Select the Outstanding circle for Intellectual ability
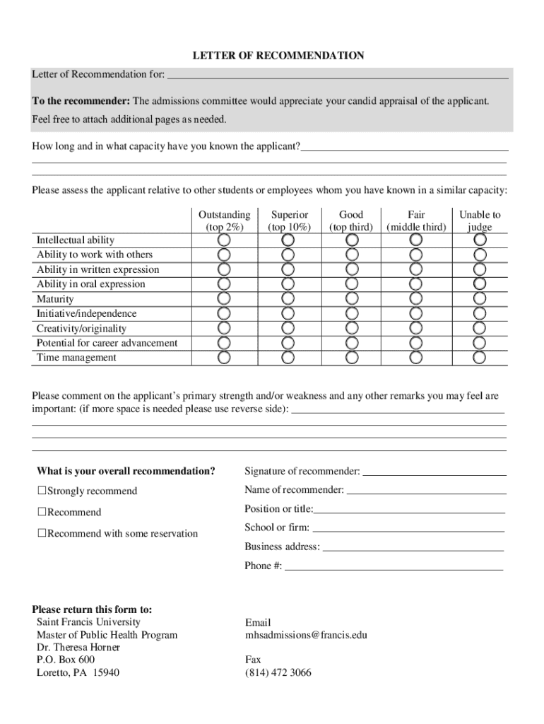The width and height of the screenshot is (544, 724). pos(224,240)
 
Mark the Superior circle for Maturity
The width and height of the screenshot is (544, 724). pos(288,298)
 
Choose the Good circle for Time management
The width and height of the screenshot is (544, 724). pos(352,357)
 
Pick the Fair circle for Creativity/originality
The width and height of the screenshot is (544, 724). pos(415,328)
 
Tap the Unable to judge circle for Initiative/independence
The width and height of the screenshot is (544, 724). pos(480,313)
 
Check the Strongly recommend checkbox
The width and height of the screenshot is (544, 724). pos(42,491)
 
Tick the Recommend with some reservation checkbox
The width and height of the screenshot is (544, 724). pos(42,533)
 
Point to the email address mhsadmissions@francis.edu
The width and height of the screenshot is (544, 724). pos(306,635)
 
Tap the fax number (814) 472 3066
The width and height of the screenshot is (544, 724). pos(278,672)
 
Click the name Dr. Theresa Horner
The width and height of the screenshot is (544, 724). pos(78,647)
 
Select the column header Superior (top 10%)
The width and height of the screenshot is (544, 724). pos(288,221)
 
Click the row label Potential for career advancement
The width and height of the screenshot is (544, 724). pos(107,343)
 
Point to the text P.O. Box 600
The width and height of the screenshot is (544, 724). pos(66,660)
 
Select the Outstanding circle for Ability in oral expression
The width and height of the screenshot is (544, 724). pos(224,284)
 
